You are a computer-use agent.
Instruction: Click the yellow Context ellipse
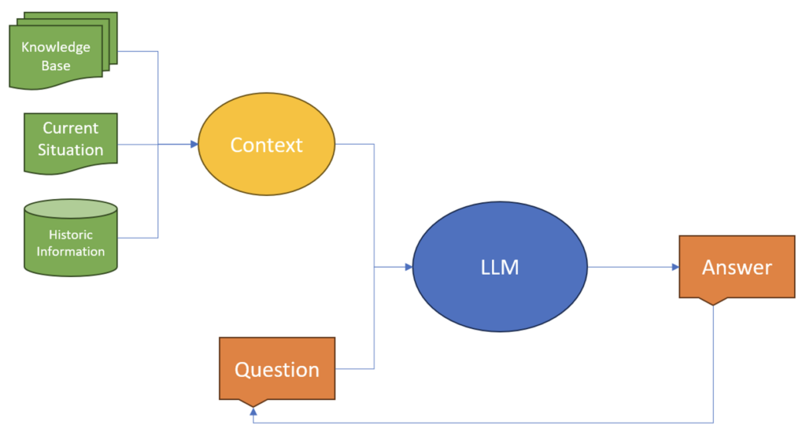pos(266,145)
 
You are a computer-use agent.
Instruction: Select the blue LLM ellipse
pos(500,268)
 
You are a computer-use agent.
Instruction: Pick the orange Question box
pos(277,369)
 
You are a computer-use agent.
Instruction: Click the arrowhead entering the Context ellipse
pos(194,145)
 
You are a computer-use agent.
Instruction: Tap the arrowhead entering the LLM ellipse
pos(409,268)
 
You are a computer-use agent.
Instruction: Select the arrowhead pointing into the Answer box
pos(675,268)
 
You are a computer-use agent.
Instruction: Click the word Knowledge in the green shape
pos(56,47)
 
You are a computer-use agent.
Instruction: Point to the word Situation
pos(71,150)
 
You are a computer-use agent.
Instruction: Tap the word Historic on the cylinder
pos(71,235)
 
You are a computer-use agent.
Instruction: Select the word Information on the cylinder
pos(71,252)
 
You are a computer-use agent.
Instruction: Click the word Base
pos(56,65)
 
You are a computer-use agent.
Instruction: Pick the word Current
pos(71,128)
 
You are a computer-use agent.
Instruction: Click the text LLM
pos(500,268)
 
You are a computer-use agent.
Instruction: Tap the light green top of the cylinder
pos(71,209)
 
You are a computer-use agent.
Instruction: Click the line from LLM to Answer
pos(630,268)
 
